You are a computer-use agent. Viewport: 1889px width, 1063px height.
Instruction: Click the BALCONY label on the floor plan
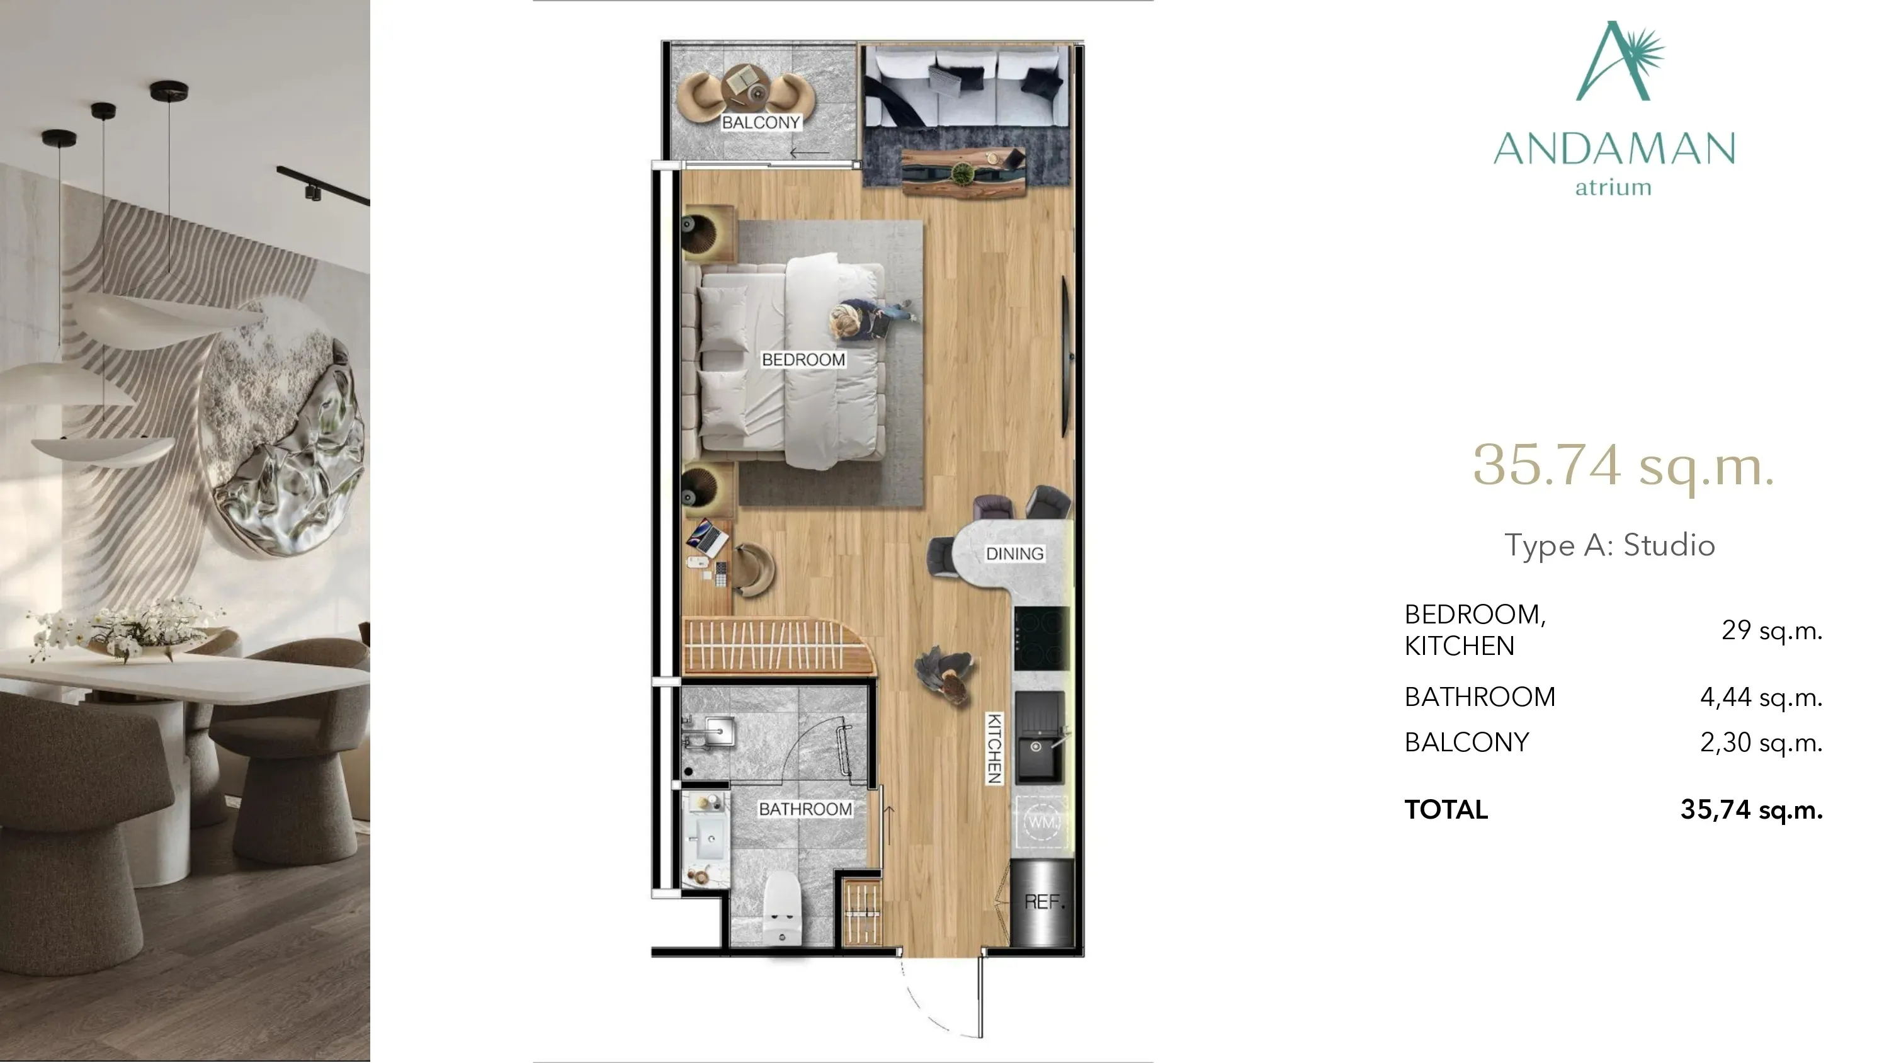click(x=761, y=123)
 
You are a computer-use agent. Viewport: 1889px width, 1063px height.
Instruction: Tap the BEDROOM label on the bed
click(x=803, y=360)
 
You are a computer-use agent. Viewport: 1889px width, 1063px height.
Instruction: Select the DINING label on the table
click(x=1014, y=554)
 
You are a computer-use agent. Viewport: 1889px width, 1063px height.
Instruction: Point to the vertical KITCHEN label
click(x=994, y=748)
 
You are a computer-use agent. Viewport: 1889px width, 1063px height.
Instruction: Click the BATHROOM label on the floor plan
click(x=805, y=809)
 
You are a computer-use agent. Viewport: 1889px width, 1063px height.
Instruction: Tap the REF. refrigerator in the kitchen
click(x=1041, y=902)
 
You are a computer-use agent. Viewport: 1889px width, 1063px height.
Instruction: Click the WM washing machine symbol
click(x=1041, y=822)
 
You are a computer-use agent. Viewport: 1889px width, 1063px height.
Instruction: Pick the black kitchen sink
click(x=1038, y=737)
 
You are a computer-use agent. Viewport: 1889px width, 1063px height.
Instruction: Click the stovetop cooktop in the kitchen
click(x=1041, y=638)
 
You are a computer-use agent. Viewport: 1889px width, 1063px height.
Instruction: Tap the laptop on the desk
click(x=706, y=538)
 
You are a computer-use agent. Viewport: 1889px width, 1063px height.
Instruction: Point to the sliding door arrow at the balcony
click(x=810, y=153)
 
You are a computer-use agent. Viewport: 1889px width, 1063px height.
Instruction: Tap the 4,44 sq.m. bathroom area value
click(x=1761, y=697)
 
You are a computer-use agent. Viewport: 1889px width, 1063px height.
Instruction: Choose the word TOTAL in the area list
click(x=1446, y=809)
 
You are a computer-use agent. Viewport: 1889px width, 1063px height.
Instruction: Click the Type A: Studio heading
click(x=1609, y=545)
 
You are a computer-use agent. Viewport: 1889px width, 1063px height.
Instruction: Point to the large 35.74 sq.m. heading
click(x=1623, y=465)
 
